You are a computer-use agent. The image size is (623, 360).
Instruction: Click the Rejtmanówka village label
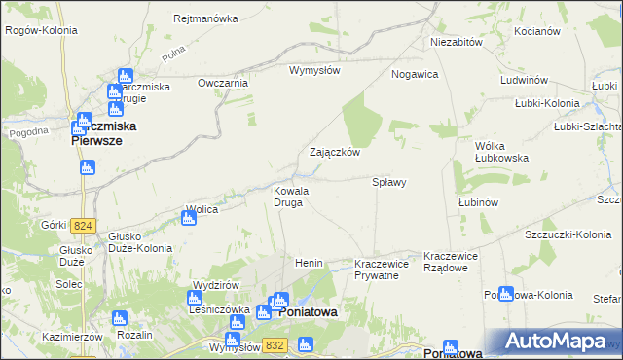click(205, 18)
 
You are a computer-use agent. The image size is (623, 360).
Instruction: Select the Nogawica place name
click(415, 74)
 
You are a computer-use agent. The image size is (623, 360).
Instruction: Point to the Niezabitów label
click(457, 43)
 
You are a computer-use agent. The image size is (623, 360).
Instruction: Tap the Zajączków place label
click(335, 153)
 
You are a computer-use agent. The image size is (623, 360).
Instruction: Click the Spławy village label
click(389, 182)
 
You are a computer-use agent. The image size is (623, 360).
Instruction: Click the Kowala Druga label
click(290, 197)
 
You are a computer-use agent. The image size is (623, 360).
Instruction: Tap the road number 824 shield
click(84, 226)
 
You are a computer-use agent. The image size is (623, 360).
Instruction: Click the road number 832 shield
click(274, 345)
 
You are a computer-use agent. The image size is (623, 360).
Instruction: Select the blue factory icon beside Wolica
click(189, 218)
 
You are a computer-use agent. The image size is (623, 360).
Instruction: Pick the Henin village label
click(309, 264)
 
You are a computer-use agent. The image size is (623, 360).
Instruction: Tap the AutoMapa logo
click(556, 342)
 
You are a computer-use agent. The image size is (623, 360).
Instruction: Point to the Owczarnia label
click(223, 84)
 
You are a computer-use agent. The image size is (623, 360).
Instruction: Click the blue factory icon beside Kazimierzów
click(119, 318)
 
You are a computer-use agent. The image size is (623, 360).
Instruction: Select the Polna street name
click(174, 55)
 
